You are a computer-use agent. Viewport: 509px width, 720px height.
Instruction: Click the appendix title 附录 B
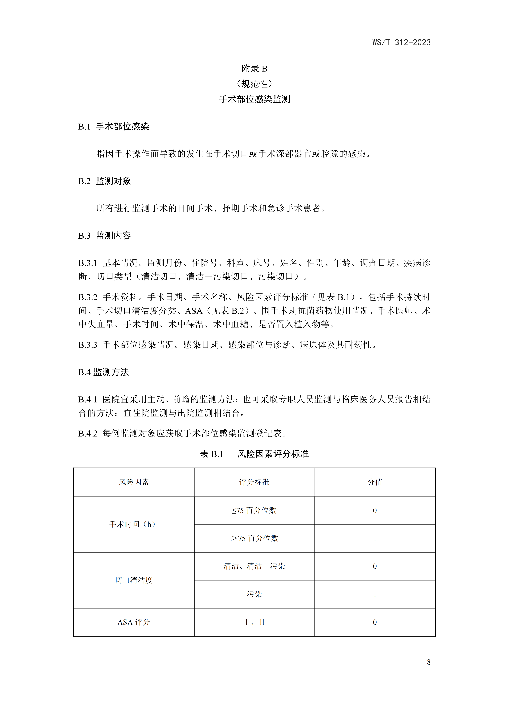pos(254,69)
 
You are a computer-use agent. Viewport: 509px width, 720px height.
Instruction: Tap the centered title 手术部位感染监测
pos(254,99)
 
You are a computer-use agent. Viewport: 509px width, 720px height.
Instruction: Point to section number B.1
pos(84,127)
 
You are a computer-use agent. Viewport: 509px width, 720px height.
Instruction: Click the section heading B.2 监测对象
pos(104,181)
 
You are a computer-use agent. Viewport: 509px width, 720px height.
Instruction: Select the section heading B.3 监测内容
pos(104,236)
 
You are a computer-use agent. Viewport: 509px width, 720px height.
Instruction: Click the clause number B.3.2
pos(88,297)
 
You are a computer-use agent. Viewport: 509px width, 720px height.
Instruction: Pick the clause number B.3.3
pos(88,345)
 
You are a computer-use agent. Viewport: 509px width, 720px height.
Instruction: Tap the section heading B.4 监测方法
pos(103,372)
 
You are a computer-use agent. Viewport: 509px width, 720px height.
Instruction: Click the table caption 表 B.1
pos(212,454)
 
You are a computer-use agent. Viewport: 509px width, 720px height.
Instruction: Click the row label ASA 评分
pos(134,622)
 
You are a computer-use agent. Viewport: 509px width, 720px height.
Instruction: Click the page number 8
pos(429,662)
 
